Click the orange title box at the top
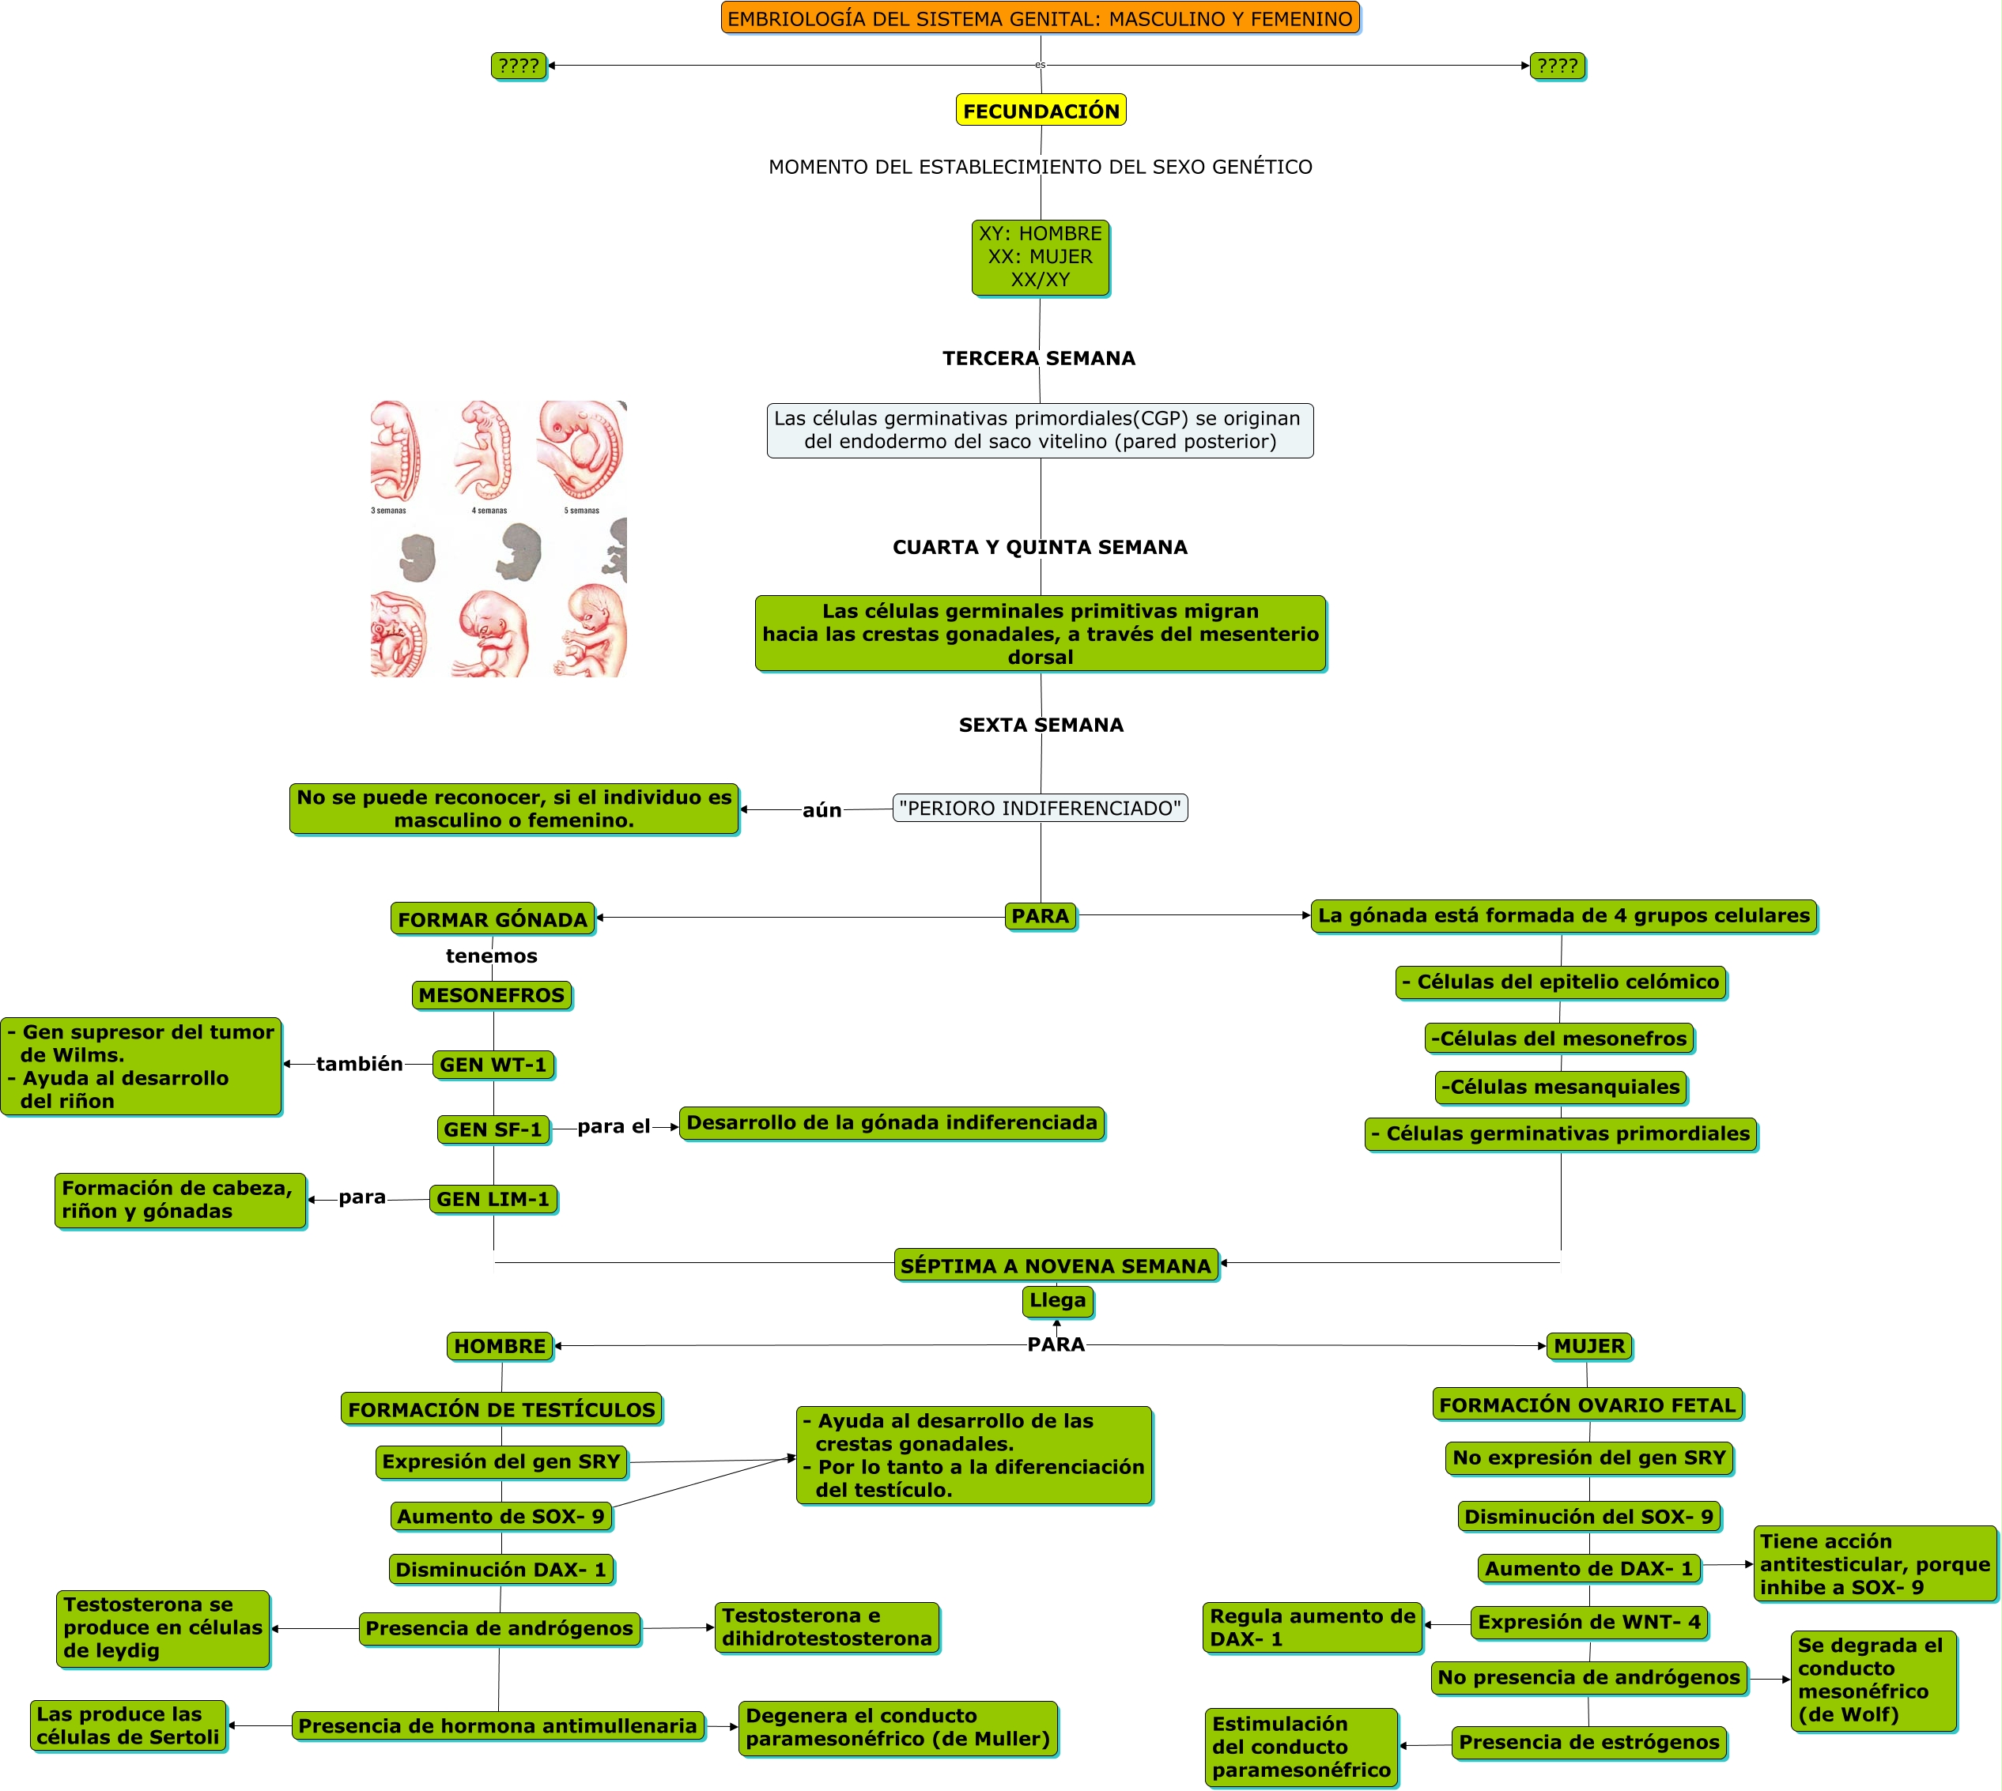click(x=1040, y=17)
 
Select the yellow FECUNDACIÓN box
click(x=1041, y=110)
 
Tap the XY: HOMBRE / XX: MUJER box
click(x=1040, y=257)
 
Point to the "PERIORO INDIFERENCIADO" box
click(x=1040, y=808)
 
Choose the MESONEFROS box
click(x=491, y=995)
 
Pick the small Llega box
click(x=1057, y=1300)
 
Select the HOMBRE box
click(x=499, y=1345)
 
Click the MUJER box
click(x=1588, y=1345)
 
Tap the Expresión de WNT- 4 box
click(x=1588, y=1622)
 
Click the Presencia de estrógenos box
click(x=1588, y=1742)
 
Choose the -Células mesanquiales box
click(x=1560, y=1087)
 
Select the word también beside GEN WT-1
click(x=359, y=1064)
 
